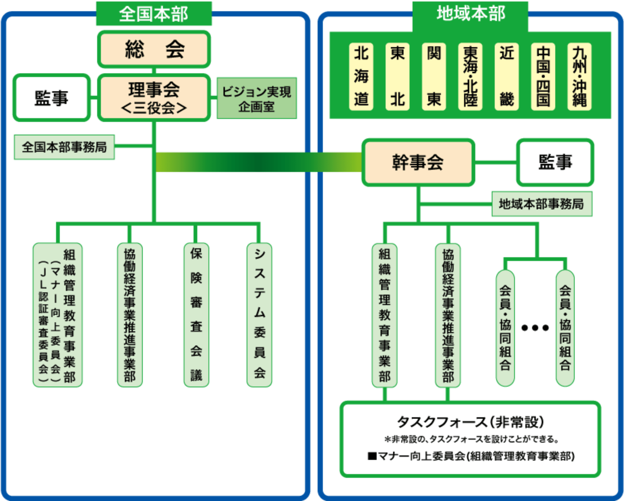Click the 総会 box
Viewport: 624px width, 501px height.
coord(154,49)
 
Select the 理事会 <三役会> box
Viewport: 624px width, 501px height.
coord(154,98)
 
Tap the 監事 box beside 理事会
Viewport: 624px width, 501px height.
coord(52,98)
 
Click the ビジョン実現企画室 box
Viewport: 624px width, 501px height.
coord(256,98)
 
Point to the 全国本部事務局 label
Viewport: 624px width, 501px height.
coord(64,147)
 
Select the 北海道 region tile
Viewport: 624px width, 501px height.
coord(361,77)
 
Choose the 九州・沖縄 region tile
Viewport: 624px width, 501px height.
coord(579,77)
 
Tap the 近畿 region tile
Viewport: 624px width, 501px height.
coord(506,77)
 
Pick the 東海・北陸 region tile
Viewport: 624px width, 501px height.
coord(470,77)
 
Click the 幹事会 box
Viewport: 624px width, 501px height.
coord(418,163)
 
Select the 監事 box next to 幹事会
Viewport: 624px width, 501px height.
coord(555,163)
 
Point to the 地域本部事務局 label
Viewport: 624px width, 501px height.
coord(541,204)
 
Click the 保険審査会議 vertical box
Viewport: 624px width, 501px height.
coord(196,315)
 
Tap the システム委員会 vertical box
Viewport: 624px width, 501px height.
coord(259,315)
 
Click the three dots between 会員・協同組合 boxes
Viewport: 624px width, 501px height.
coord(535,328)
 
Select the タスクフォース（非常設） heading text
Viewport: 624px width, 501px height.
coord(470,422)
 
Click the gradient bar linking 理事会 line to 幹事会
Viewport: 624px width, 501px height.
coord(258,162)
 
